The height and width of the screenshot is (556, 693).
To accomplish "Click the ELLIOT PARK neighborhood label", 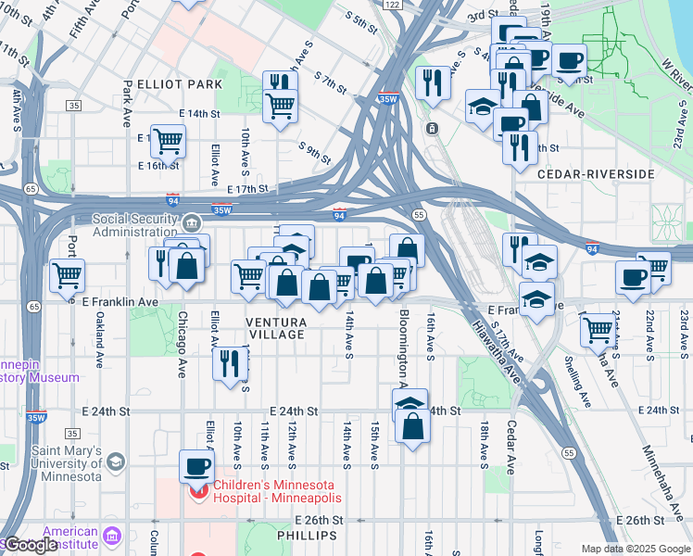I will (179, 84).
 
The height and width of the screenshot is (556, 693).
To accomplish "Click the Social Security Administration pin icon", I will (191, 222).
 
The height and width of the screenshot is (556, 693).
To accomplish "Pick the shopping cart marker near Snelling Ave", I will (598, 327).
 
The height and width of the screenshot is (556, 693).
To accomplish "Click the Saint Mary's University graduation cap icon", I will (115, 461).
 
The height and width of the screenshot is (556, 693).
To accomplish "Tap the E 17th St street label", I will (247, 189).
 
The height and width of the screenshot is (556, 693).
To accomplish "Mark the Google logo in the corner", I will (31, 545).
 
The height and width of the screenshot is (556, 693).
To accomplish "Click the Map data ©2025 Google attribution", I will (635, 549).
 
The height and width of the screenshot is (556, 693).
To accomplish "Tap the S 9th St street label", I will (315, 148).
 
